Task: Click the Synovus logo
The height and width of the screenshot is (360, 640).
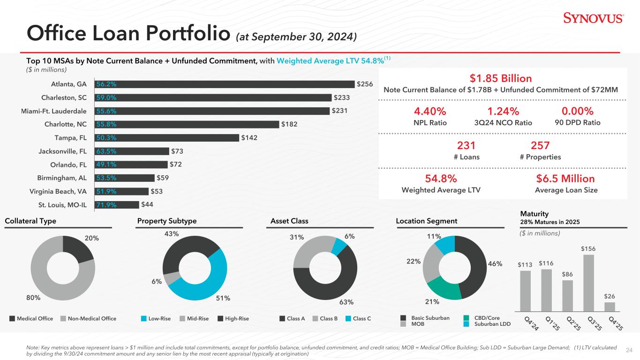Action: pos(593,19)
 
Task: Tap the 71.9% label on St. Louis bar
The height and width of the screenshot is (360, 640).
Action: pos(106,205)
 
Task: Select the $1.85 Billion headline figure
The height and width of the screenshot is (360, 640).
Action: pos(502,78)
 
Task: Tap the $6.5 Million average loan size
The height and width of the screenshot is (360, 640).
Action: pos(566,179)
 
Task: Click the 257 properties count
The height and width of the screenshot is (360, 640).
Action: pos(540,146)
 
